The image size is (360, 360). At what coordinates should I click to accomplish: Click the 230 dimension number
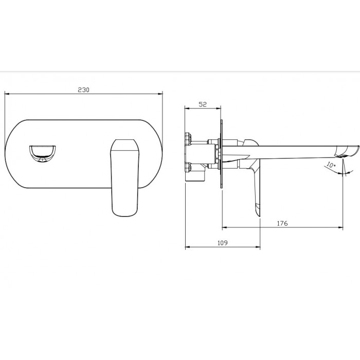pyautogui.click(x=83, y=90)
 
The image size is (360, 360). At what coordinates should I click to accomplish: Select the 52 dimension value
pyautogui.click(x=203, y=104)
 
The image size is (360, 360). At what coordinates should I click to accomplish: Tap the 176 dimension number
pyautogui.click(x=282, y=223)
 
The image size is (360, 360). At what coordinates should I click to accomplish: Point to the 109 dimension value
pyautogui.click(x=223, y=243)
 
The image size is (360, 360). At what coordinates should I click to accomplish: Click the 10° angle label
pyautogui.click(x=331, y=165)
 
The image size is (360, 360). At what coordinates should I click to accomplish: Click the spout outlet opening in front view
pyautogui.click(x=43, y=153)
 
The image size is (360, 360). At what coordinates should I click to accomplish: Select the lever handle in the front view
pyautogui.click(x=124, y=178)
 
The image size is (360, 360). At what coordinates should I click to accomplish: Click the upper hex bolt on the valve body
pyautogui.click(x=188, y=139)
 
